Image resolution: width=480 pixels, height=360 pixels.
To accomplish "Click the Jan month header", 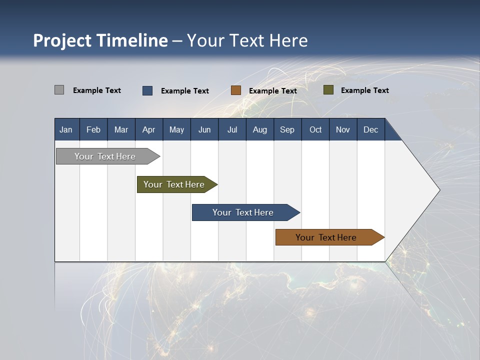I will coord(66,129).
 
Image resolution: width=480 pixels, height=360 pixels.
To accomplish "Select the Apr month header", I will coord(148,129).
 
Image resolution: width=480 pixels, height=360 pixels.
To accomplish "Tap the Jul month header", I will coord(232,129).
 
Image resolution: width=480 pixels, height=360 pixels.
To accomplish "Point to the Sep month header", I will coord(287,129).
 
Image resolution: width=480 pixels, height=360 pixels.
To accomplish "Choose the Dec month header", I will coord(370,129).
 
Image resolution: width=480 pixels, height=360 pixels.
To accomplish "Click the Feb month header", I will coord(93,129).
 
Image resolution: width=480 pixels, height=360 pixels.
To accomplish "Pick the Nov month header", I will coord(343,129).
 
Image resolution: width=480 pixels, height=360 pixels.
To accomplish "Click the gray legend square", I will coord(59,90).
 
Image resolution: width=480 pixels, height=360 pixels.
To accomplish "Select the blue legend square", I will coord(147,90).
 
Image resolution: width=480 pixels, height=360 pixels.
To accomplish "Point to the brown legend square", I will coord(236,90).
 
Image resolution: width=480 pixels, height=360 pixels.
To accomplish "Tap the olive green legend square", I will coord(328,90).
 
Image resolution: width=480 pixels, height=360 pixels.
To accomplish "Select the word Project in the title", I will coord(62,40).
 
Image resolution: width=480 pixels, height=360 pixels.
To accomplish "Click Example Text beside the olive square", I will coord(364,90).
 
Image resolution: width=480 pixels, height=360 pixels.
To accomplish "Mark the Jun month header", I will coord(204,129).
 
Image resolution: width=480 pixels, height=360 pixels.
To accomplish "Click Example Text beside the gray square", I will coord(97,90).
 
